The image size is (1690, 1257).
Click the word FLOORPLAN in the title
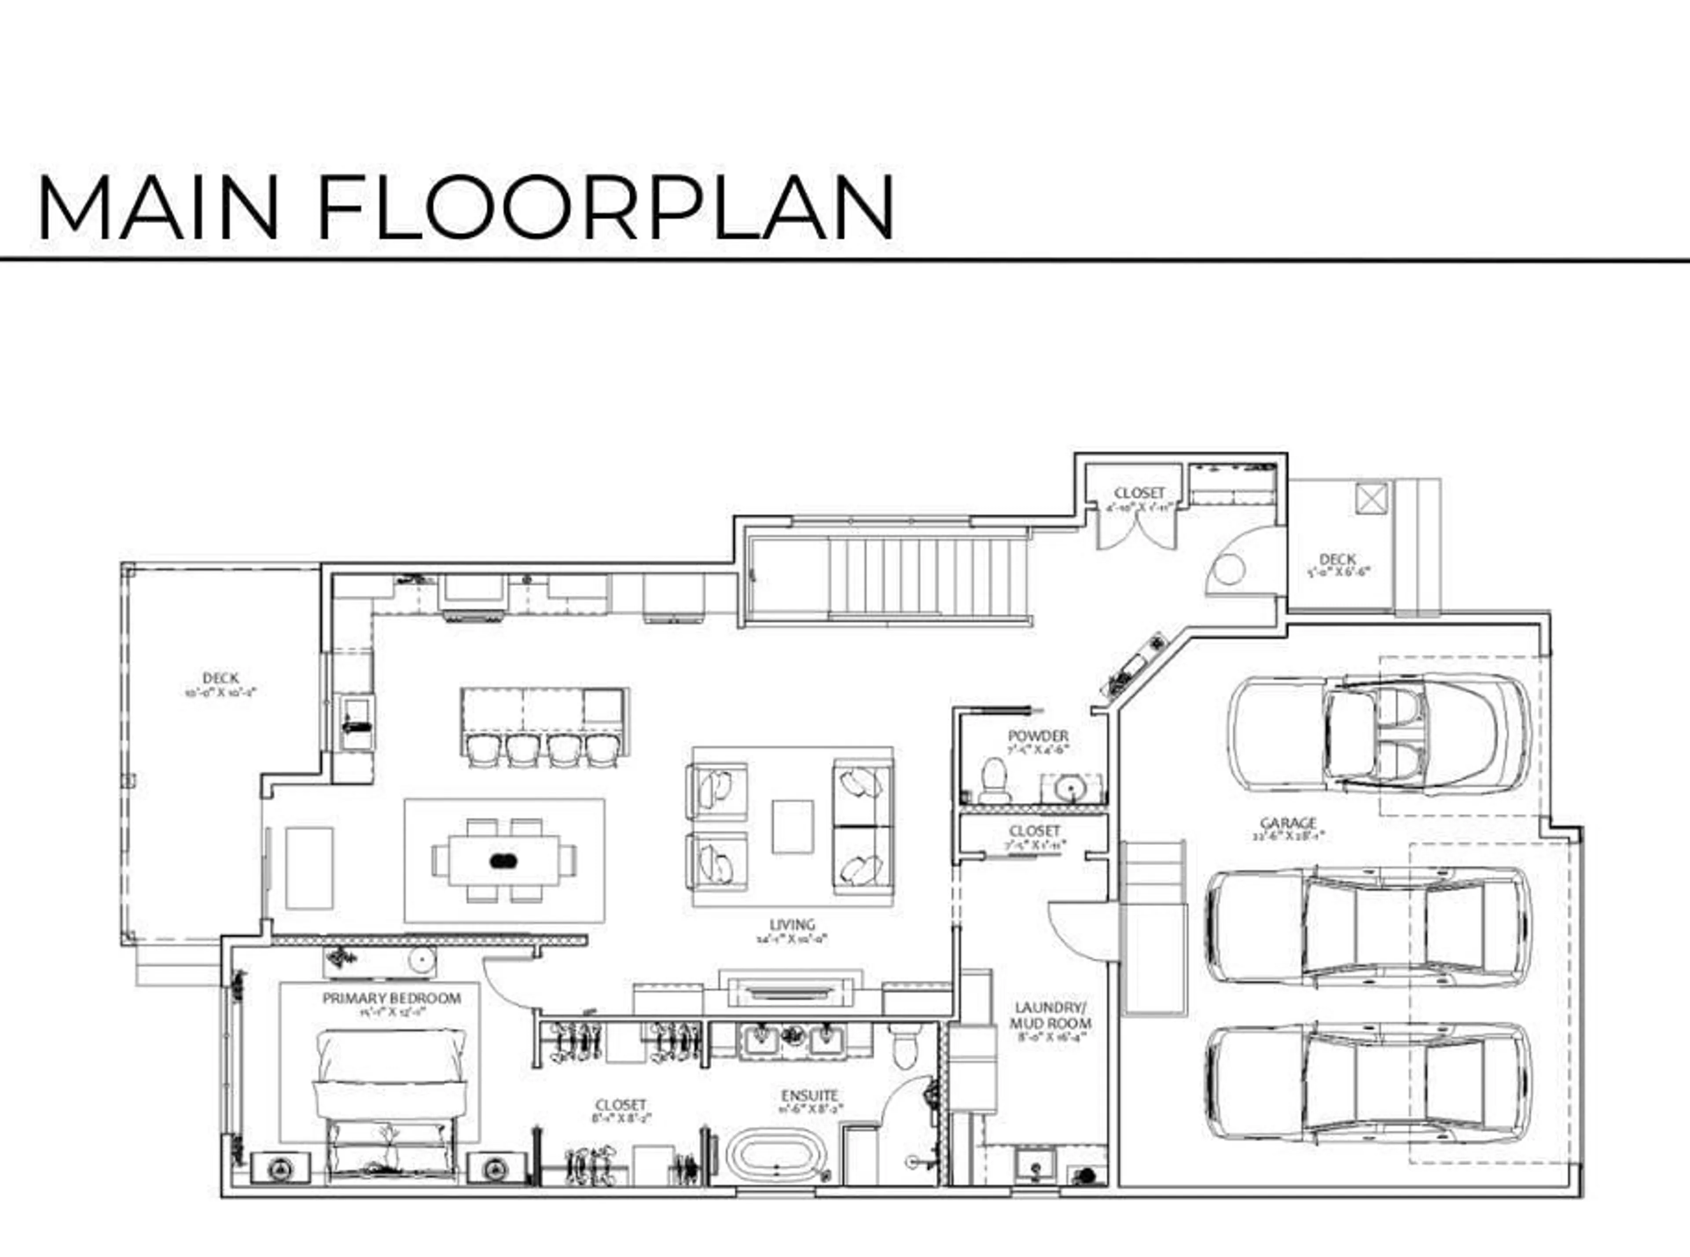pos(605,207)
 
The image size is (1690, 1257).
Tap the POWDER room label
pos(1037,736)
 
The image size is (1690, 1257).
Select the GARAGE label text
pos(1287,823)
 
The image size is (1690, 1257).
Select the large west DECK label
pos(220,677)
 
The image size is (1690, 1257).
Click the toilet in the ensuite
pos(905,1046)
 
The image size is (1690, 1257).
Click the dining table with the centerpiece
pos(504,860)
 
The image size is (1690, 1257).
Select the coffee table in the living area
pos(792,826)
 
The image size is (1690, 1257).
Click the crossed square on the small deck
pos(1371,499)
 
